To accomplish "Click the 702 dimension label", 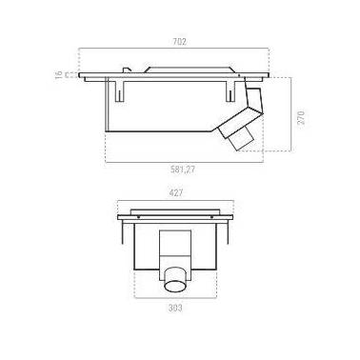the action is tap(179, 42).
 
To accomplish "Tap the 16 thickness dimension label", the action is tap(58, 74).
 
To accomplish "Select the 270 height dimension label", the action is tap(301, 117).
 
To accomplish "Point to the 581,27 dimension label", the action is tap(182, 170).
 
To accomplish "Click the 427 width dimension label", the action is tap(176, 193).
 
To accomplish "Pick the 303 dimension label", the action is tap(175, 308).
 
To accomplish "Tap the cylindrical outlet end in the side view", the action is tap(242, 140).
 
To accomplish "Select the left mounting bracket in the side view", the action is tap(119, 90).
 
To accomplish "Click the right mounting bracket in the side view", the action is tap(230, 90).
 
